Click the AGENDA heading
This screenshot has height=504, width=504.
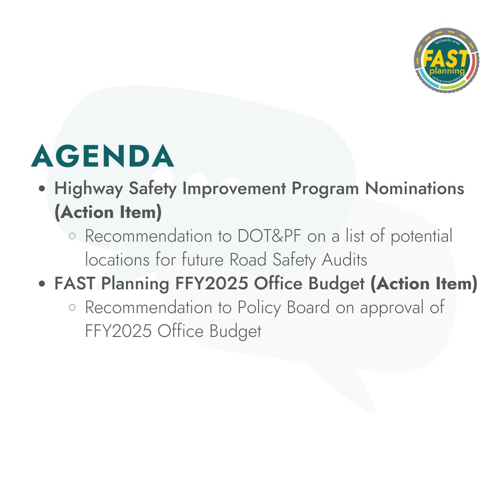[103, 157]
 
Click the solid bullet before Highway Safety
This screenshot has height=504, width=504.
[42, 189]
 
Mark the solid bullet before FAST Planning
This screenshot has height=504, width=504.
[42, 284]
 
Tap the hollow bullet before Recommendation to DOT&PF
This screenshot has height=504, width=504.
[72, 237]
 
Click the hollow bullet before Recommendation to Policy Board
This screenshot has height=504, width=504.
[72, 308]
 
